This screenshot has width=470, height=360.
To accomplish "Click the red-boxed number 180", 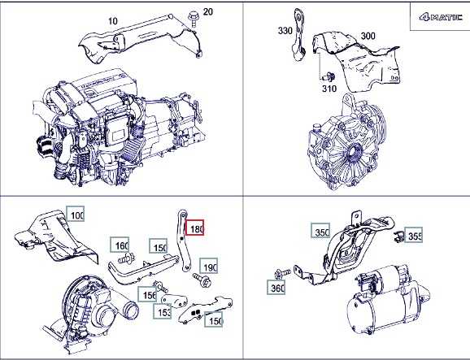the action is pos(195,228).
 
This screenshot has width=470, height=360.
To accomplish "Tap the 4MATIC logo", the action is pos(441,17).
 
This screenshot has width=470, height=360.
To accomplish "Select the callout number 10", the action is pos(113,21).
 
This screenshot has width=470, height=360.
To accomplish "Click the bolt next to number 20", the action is pos(192,18).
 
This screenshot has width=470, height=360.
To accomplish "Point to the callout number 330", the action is pos(285,31).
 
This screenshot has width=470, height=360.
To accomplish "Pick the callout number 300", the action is pos(368,36).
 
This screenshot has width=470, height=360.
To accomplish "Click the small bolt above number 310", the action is pos(329,76).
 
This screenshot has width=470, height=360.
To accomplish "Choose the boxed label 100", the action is pos(75,214).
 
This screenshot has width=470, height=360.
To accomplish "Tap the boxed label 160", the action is pos(120,245).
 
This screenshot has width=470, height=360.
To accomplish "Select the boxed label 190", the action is pos(209,266).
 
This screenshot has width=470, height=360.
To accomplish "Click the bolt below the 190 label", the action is pos(202,280).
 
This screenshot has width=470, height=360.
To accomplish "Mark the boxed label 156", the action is pos(147,294).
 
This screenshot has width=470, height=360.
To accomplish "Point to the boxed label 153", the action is pos(162,311).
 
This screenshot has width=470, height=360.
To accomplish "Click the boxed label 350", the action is pos(320,231).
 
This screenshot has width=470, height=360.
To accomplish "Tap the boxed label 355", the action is pos(414,235).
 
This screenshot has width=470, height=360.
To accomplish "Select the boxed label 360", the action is pos(276,287).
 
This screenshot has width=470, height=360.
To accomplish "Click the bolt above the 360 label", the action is pos(282,273).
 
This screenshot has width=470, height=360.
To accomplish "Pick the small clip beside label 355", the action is pos(398,236).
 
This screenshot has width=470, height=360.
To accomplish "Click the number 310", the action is pos(329,89).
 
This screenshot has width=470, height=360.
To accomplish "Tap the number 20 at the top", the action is pos(208,11).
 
